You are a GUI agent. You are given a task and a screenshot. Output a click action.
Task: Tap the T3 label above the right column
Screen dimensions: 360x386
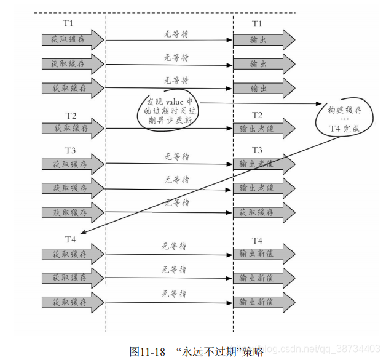click(257, 150)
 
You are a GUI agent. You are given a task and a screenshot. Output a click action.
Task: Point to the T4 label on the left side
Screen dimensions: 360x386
click(71, 239)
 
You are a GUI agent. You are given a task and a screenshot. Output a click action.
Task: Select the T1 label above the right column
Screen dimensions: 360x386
click(257, 24)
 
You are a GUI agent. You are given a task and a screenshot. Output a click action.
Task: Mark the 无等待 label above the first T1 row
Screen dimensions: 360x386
click(176, 34)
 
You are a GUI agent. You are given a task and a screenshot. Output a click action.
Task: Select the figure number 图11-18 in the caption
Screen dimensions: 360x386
click(148, 352)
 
